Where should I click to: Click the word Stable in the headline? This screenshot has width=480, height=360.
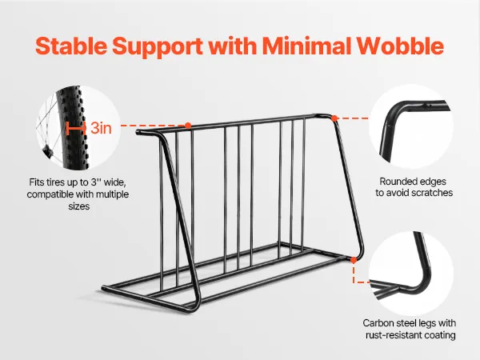[71, 46]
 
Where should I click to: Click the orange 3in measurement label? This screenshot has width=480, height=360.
[102, 128]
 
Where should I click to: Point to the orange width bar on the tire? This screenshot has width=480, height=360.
[76, 128]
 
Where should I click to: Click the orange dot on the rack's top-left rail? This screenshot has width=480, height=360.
[188, 126]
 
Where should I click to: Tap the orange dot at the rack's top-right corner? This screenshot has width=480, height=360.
[334, 118]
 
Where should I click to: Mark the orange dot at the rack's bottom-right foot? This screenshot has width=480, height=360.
[354, 260]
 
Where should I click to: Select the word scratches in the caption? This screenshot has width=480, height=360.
[432, 193]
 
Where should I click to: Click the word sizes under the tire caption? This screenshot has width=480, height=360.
[79, 206]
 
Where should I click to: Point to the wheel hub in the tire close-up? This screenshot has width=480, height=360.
[46, 150]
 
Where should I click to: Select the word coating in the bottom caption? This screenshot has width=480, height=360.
[441, 335]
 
